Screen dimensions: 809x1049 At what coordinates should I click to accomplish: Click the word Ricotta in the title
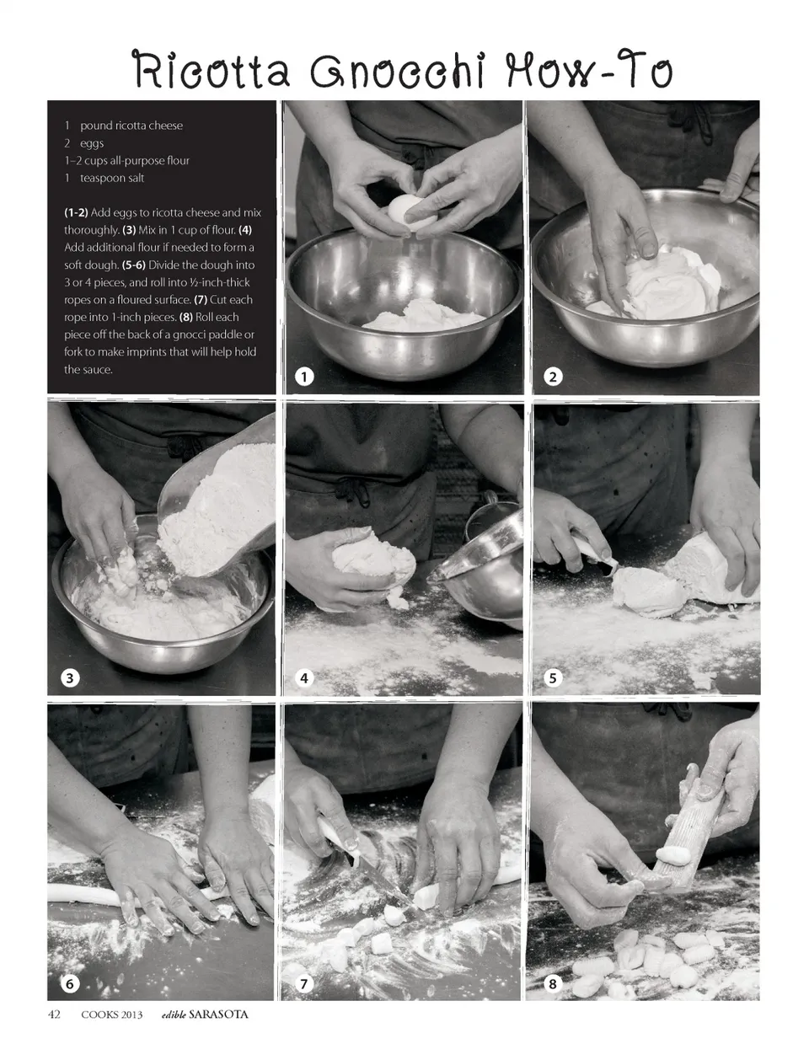pyautogui.click(x=212, y=71)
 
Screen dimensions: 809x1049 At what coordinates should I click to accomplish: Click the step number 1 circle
pyautogui.click(x=304, y=377)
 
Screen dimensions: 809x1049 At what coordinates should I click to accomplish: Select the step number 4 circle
pyautogui.click(x=304, y=677)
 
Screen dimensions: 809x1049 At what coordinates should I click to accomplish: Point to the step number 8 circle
pyautogui.click(x=553, y=983)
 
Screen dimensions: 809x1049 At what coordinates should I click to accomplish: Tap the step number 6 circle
pyautogui.click(x=69, y=983)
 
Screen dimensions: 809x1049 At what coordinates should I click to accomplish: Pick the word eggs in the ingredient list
pyautogui.click(x=92, y=143)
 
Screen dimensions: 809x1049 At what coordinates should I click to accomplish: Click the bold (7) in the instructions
pyautogui.click(x=201, y=300)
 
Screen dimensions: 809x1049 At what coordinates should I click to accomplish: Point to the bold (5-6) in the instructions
pyautogui.click(x=134, y=265)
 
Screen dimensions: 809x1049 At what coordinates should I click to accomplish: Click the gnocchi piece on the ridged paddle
pyautogui.click(x=673, y=854)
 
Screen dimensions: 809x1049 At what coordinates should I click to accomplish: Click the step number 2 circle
pyautogui.click(x=553, y=377)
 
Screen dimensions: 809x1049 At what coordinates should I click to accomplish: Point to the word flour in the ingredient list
pyautogui.click(x=178, y=161)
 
